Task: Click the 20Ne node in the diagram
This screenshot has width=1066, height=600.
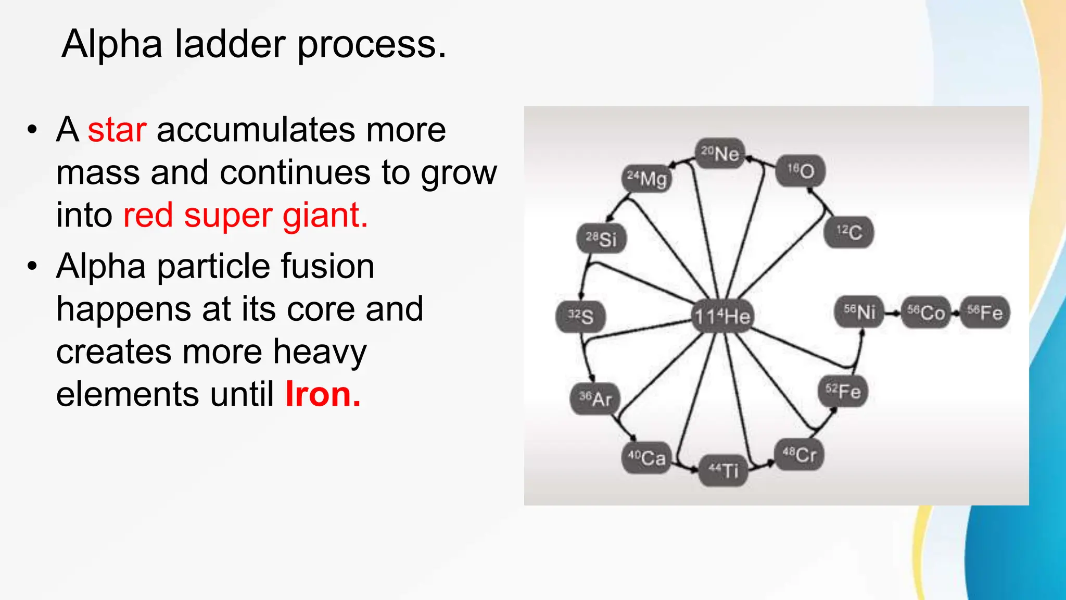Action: (x=720, y=154)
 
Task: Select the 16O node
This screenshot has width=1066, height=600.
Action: (x=800, y=170)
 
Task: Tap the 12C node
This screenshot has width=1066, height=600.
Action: (x=849, y=232)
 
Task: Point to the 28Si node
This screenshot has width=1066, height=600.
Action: (x=601, y=239)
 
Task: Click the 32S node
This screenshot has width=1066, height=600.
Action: (x=580, y=316)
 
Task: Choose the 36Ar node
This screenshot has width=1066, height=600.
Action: (x=595, y=399)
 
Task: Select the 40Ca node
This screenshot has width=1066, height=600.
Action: (x=646, y=457)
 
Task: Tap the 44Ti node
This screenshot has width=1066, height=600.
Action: (x=723, y=470)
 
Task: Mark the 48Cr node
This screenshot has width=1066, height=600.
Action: (x=799, y=455)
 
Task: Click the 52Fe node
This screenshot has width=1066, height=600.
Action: (x=843, y=391)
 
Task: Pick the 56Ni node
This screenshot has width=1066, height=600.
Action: (x=859, y=312)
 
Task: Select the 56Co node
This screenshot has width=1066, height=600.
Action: (x=925, y=312)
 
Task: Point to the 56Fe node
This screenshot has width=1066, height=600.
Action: (x=985, y=312)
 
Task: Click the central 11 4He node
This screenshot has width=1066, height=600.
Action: (x=722, y=316)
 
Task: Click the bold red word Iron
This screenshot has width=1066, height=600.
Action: (x=322, y=394)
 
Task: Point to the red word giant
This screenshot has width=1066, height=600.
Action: (x=325, y=216)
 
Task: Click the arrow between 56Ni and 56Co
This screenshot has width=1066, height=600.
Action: (x=893, y=313)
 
